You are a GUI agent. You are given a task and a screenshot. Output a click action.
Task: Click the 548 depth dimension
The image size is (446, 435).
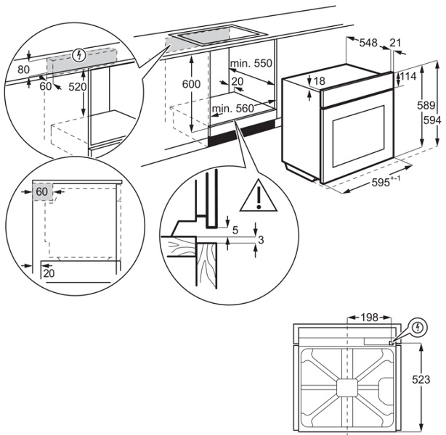pos(368,43)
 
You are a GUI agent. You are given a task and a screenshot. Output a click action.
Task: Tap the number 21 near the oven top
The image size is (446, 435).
pos(395,43)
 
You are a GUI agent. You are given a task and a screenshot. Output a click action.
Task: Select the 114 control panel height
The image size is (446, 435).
pos(408,77)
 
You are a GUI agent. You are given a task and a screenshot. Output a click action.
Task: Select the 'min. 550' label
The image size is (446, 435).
pos(251,64)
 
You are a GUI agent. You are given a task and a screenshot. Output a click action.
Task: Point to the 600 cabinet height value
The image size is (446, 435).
pos(192,84)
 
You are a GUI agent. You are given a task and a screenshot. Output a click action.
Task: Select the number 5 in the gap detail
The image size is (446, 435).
pos(235,231)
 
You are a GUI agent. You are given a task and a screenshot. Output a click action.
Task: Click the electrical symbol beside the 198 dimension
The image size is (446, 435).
pos(417,328)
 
